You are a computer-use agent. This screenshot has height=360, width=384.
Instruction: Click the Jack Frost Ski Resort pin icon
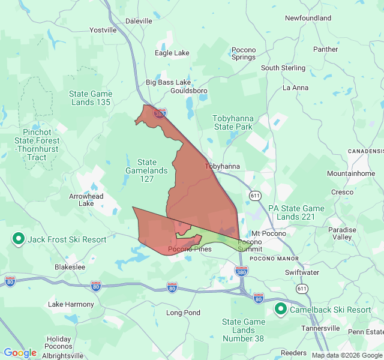[x=19, y=239]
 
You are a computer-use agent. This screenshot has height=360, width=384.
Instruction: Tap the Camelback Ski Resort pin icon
[x=280, y=310]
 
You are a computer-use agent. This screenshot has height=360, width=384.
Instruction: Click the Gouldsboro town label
[x=188, y=91]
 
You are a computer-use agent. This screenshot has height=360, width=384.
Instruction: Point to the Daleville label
[x=139, y=20]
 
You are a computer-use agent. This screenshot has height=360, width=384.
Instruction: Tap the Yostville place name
[x=103, y=29]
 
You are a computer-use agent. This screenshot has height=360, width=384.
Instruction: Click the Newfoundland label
[x=308, y=18]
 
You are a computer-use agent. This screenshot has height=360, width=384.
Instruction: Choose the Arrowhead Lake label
[x=86, y=200]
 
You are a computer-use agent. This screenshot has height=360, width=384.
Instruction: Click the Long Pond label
[x=183, y=313]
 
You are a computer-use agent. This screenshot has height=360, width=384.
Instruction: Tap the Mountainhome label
[x=351, y=173]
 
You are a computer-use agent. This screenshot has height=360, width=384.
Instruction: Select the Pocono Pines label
[x=190, y=249]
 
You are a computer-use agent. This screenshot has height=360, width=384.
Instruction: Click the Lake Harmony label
[x=71, y=304]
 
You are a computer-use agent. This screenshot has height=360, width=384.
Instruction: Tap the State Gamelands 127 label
[x=147, y=170]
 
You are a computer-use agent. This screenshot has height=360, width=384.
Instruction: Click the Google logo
[x=20, y=353]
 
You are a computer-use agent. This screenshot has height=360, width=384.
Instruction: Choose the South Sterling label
[x=283, y=68]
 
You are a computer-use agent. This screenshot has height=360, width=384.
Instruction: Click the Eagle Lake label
[x=172, y=53]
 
